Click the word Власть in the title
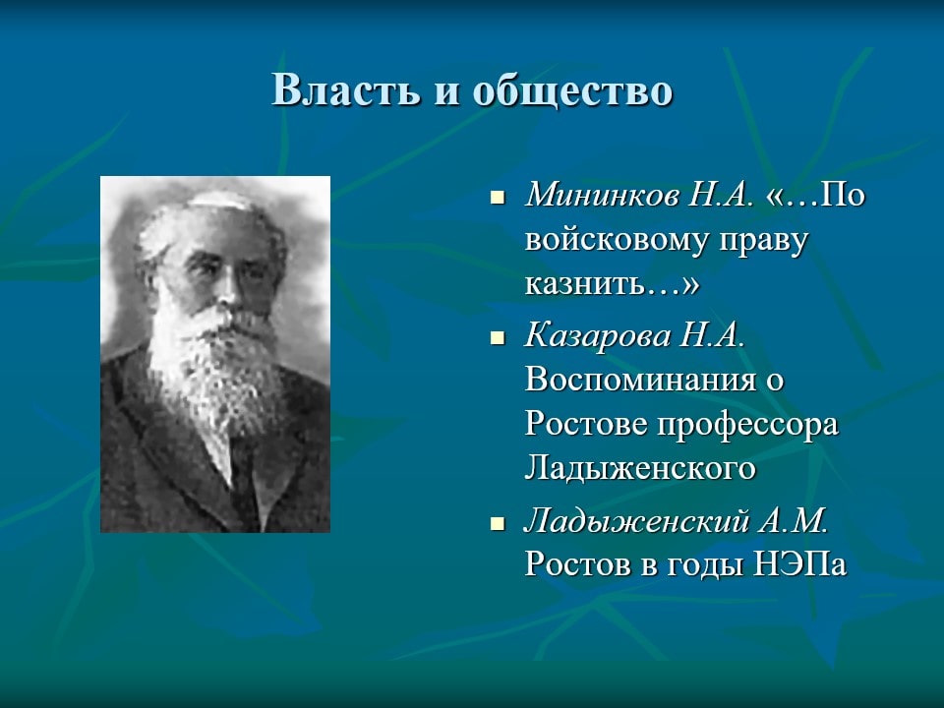point(345,90)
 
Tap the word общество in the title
point(572,90)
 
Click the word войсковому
point(618,240)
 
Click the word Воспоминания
point(640,380)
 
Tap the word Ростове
point(586,424)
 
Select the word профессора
point(747,426)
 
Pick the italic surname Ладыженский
point(636,521)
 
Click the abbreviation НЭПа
point(799,564)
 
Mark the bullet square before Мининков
point(498,197)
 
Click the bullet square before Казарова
point(498,337)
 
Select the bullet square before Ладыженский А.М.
point(498,523)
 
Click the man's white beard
point(213,367)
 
